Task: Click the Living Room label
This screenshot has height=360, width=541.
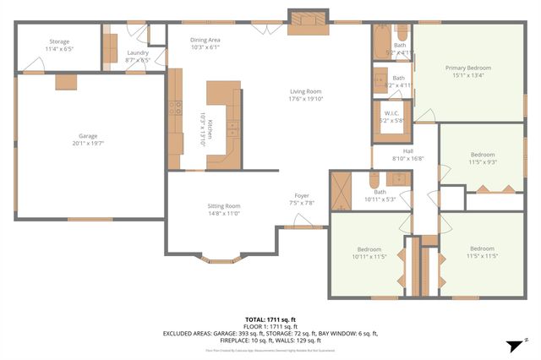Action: [306, 94]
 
